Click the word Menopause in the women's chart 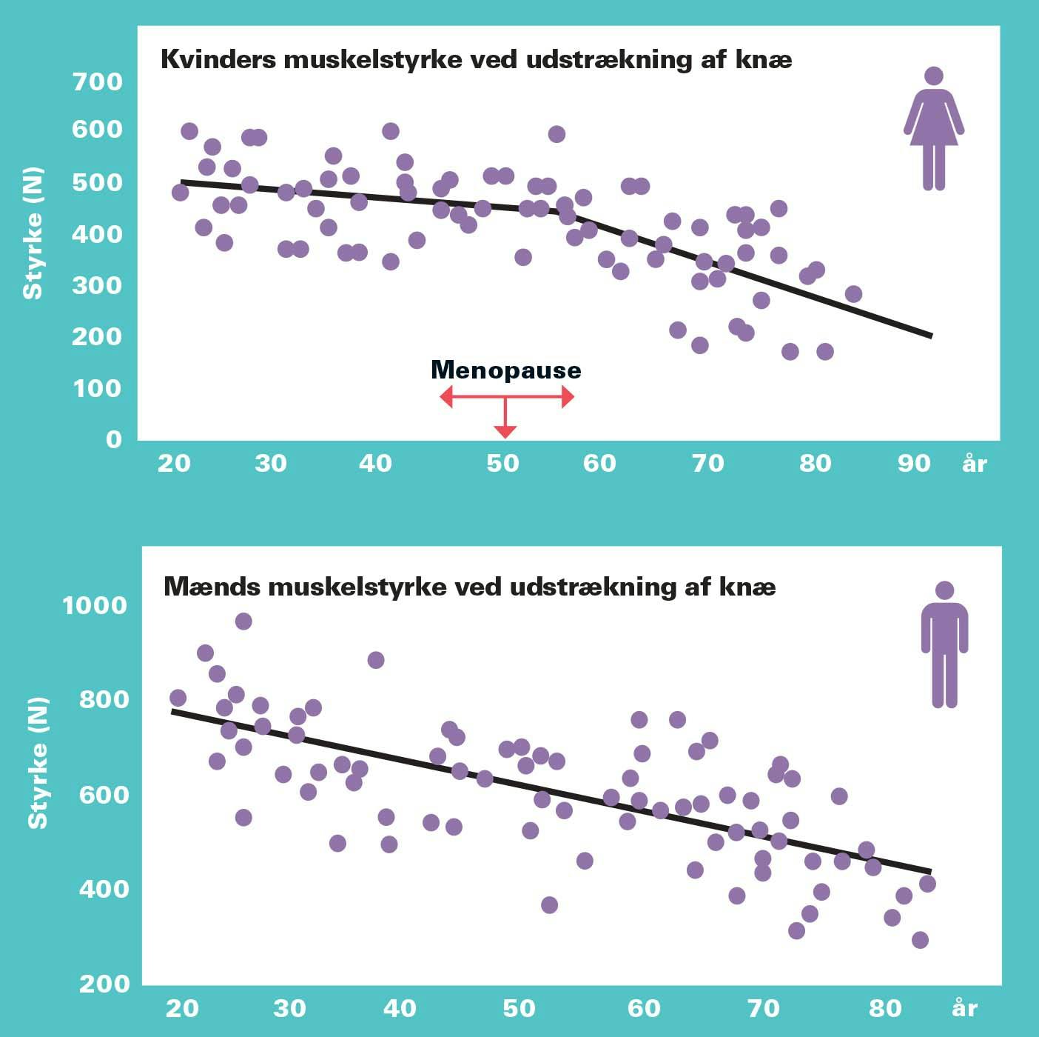pos(505,370)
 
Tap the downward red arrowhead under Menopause pos(505,431)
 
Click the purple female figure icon pos(934,129)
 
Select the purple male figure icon pos(944,644)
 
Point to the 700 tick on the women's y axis pos(97,81)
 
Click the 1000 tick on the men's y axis pos(95,606)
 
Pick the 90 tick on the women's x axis pos(914,464)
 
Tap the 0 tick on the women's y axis pos(113,439)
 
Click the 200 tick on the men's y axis pos(104,984)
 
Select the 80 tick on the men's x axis pos(885,1008)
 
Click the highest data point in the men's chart pos(243,621)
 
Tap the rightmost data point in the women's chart pos(853,294)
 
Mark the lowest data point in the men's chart pos(920,940)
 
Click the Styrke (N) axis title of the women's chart pos(33,233)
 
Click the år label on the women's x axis pos(975,464)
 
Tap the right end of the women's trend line pos(932,336)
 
